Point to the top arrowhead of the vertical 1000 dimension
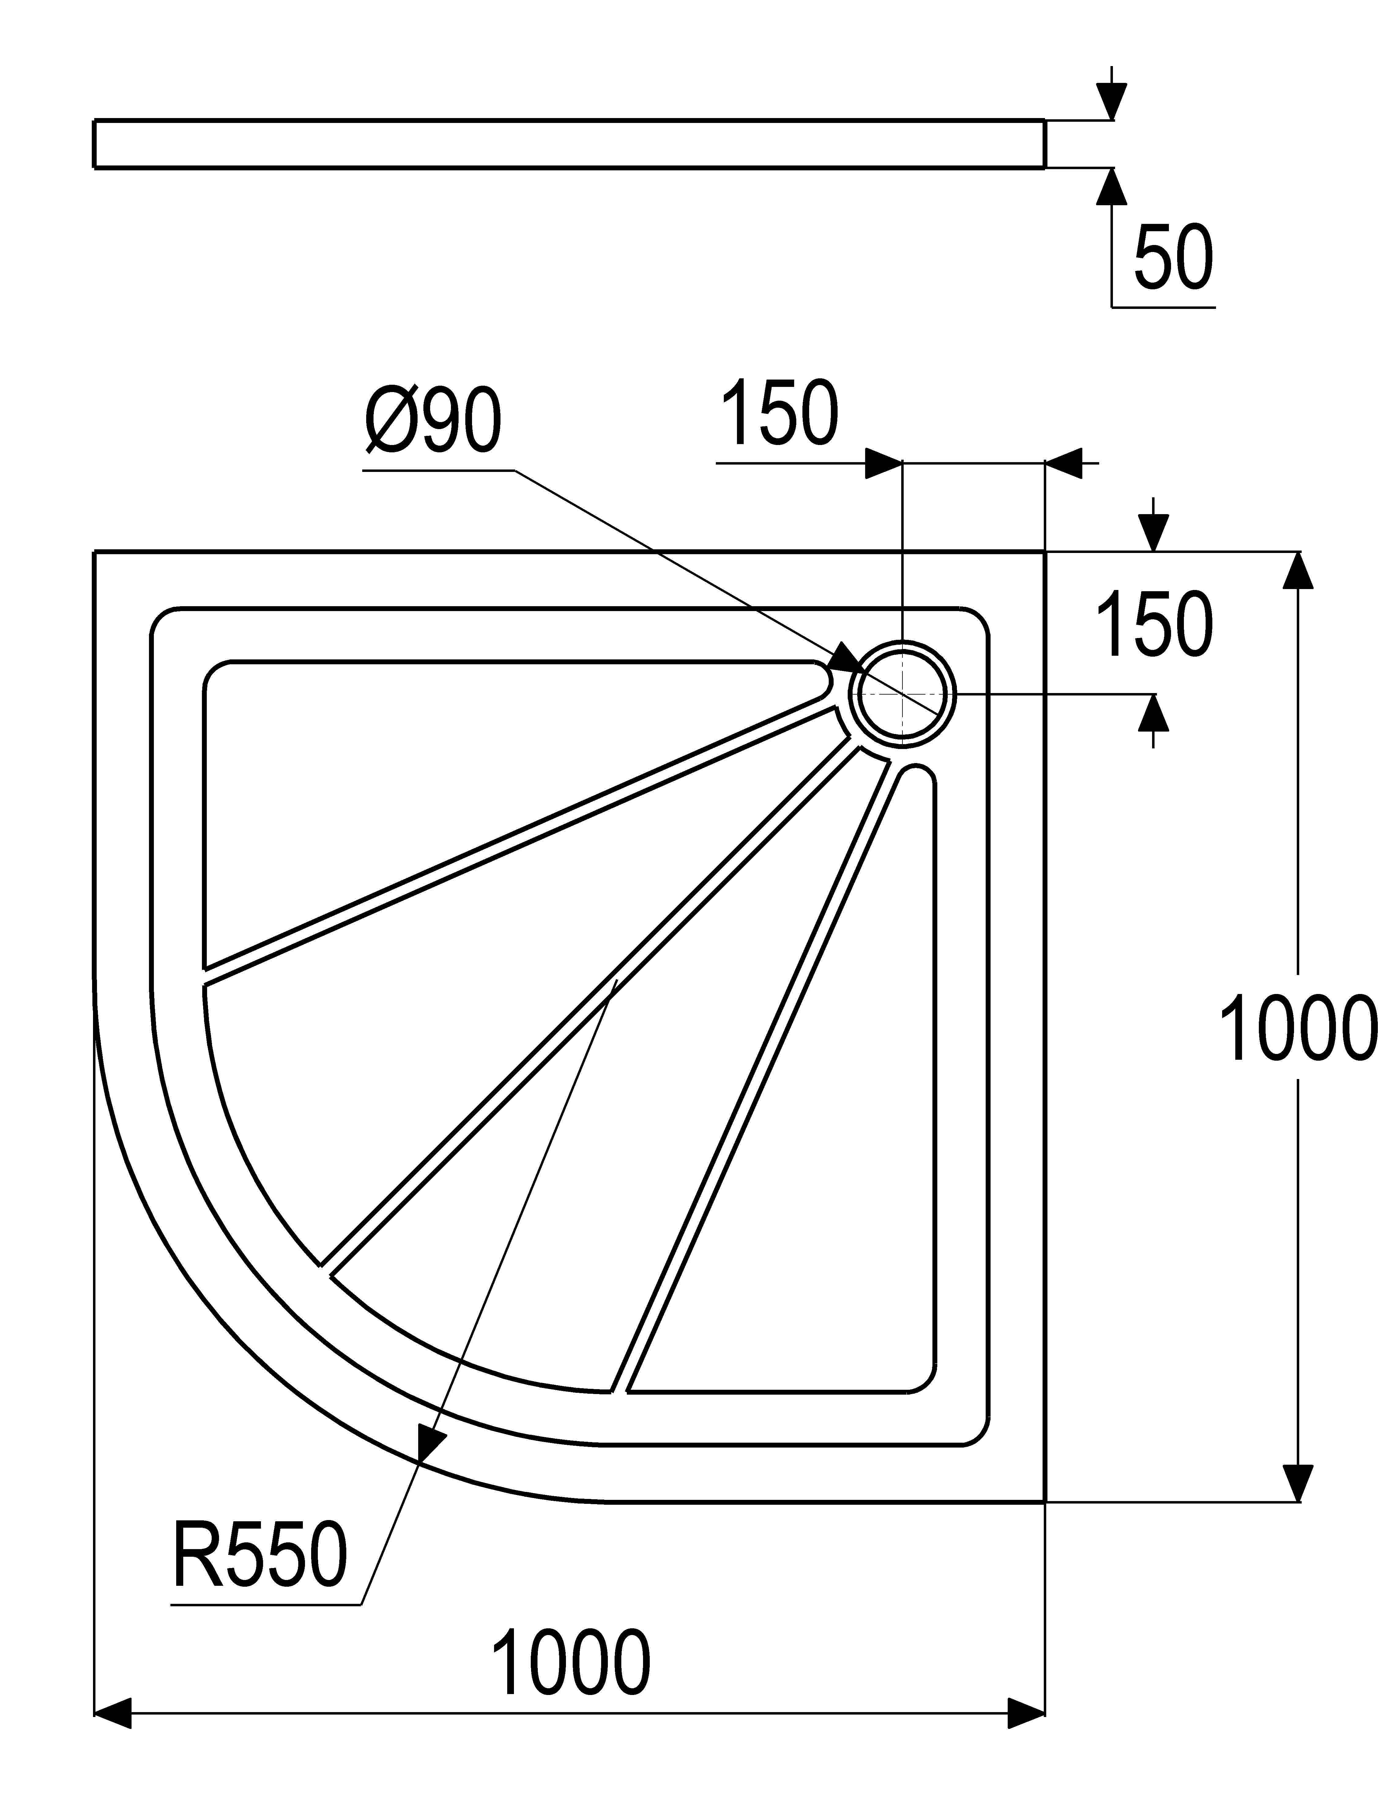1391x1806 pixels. (1300, 571)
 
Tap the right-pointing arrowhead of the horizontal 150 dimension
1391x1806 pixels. (883, 464)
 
